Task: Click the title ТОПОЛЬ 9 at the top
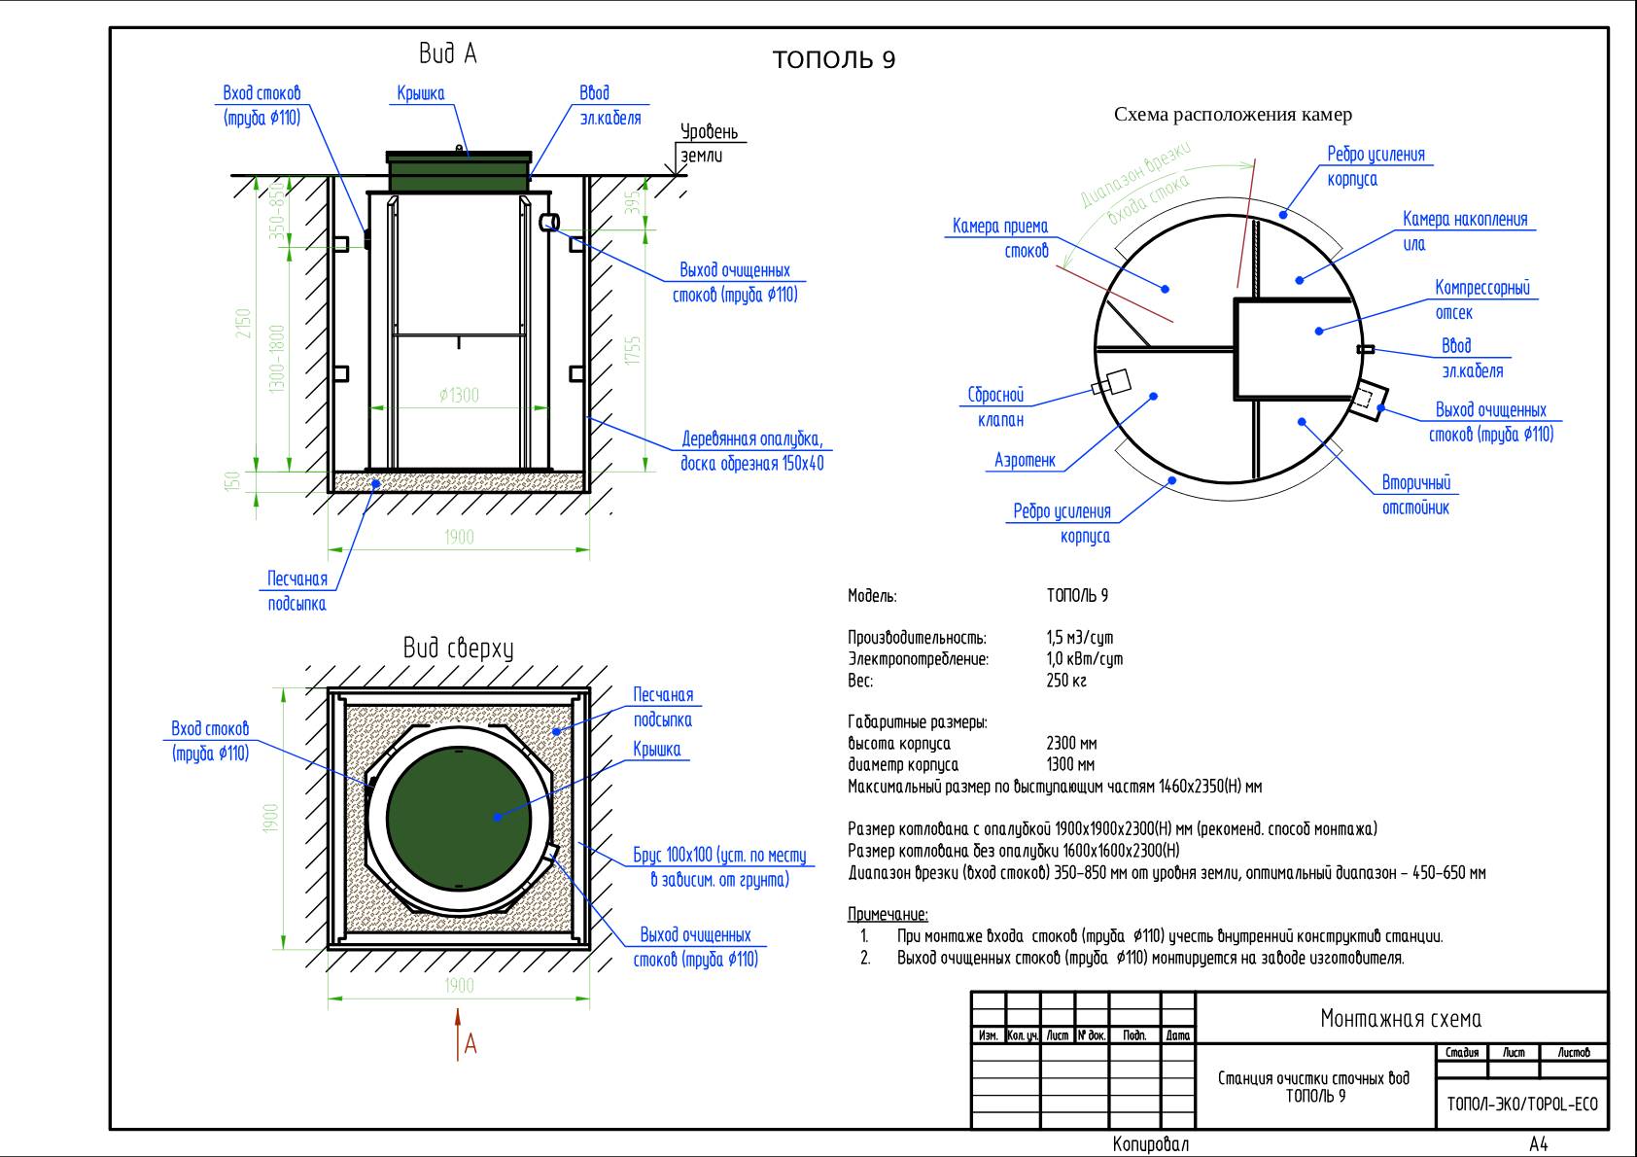pos(834,60)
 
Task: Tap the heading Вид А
pos(447,53)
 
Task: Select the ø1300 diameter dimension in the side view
pos(459,396)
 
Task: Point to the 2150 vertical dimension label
pos(243,324)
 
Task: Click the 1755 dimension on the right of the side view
pos(634,351)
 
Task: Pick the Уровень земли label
pos(709,143)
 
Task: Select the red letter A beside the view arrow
pos(470,1044)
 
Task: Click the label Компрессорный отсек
pos(1481,300)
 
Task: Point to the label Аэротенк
pos(1025,461)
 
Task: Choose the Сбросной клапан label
pos(995,408)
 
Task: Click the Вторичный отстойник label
pos(1415,495)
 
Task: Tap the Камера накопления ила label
pos(1464,231)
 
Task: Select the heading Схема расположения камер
pos(1233,115)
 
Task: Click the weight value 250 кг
pos(1066,681)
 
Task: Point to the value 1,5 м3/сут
pos(1079,638)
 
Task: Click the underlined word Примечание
pos(888,915)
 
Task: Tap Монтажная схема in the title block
pos(1401,1019)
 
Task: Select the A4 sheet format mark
pos(1539,1144)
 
